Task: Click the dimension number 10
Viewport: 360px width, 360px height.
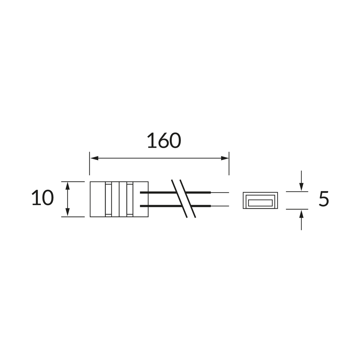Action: click(42, 197)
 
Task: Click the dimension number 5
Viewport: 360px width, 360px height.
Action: click(324, 199)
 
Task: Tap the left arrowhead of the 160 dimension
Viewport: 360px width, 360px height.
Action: click(94, 158)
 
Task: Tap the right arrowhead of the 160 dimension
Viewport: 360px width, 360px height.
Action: click(225, 158)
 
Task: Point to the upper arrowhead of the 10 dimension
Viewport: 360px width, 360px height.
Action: click(67, 186)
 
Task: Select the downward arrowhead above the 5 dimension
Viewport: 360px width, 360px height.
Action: click(301, 187)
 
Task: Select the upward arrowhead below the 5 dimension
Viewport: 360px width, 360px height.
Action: click(301, 214)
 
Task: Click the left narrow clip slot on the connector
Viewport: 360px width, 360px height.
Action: click(108, 199)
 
